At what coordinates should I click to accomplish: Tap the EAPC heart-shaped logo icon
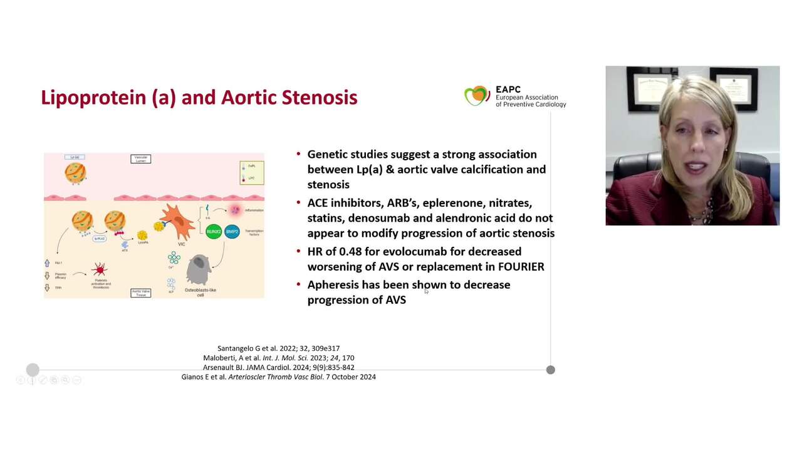[x=477, y=96]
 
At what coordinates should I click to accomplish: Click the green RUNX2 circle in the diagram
[x=214, y=232]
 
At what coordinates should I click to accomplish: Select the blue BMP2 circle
[x=232, y=232]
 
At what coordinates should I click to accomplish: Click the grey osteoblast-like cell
[x=199, y=270]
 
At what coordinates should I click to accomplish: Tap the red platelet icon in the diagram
[x=99, y=270]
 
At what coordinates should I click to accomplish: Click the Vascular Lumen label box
[x=140, y=159]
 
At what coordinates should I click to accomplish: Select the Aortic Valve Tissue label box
[x=140, y=293]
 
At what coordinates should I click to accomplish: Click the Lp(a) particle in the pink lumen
[x=75, y=174]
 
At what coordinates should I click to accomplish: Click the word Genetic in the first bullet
[x=327, y=155]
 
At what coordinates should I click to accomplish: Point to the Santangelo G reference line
[x=278, y=348]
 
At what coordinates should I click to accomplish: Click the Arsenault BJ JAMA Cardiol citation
[x=278, y=367]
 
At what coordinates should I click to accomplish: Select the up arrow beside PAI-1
[x=47, y=264]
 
